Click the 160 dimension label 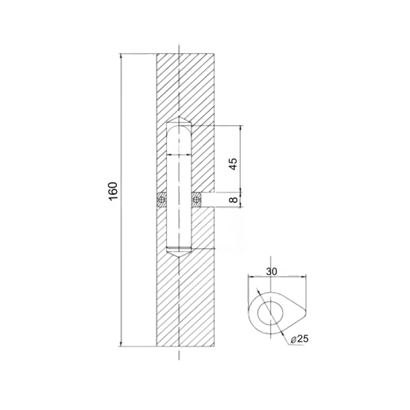coord(113,191)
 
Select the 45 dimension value coord(233,164)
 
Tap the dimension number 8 coord(233,200)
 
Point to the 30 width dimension coord(272,272)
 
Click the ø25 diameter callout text coord(300,339)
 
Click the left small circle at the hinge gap coord(161,200)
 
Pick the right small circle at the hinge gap coord(196,200)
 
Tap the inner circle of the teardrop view coord(271,313)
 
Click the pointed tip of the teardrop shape coord(305,312)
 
